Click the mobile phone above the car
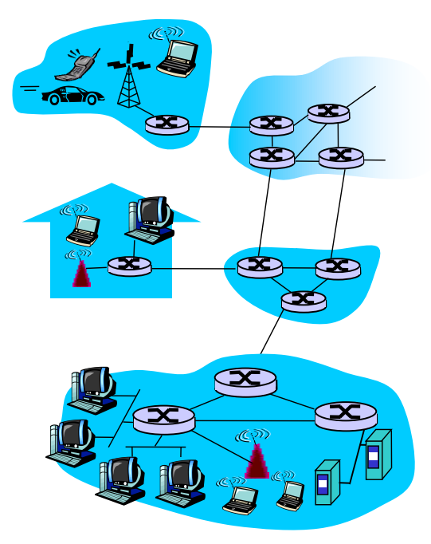(82, 66)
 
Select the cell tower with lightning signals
(128, 78)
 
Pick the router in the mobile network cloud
(167, 124)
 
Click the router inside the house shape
(129, 266)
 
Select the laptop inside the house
(82, 229)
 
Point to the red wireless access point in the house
(80, 272)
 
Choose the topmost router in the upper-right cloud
(328, 112)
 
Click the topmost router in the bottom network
(245, 382)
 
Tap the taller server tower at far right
(378, 454)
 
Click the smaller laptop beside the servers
(289, 494)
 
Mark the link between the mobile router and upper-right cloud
(219, 126)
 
